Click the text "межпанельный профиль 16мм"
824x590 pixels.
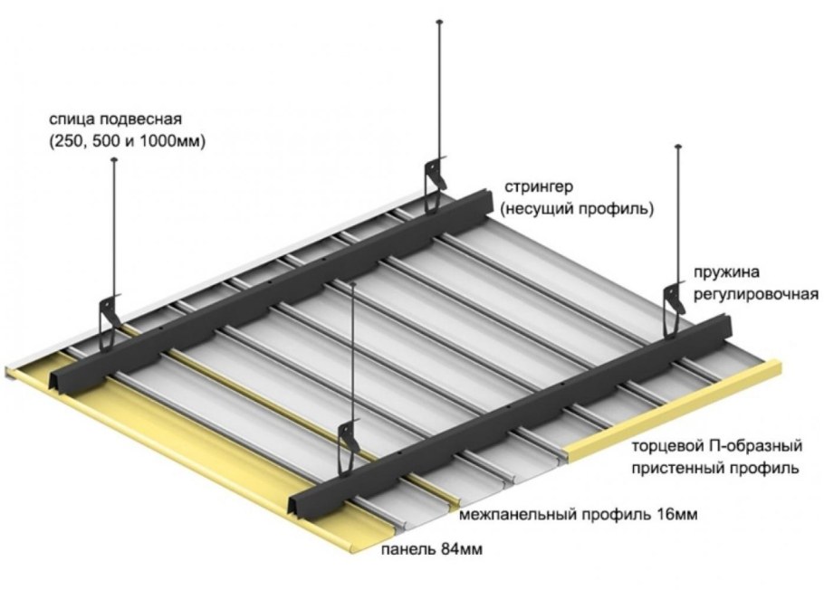click(579, 515)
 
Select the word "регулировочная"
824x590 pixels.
click(757, 295)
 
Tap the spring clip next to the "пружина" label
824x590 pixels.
click(674, 304)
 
